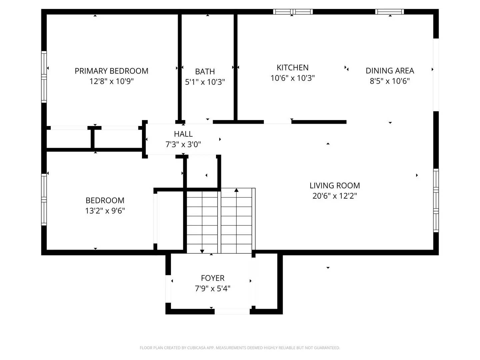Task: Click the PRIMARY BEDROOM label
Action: coord(111,71)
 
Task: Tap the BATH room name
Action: coord(205,72)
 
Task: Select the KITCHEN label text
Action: coord(292,68)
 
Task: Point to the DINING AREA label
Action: coord(390,71)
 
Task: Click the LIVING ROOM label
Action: coord(334,186)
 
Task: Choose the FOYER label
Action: coord(212,278)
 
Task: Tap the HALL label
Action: coord(183,134)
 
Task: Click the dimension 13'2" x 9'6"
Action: coord(105,211)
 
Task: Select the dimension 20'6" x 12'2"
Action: coord(334,196)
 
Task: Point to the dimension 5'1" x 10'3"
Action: coord(205,82)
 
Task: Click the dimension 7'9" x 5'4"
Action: coord(212,288)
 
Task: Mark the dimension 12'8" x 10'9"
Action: coord(111,81)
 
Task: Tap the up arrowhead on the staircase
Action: coord(236,190)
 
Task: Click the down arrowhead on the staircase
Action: coord(202,251)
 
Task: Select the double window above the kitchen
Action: coord(293,12)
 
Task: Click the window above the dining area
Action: coord(389,12)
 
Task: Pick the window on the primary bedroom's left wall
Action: coord(44,76)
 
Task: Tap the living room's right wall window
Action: coord(436,200)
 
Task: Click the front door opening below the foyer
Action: coord(232,312)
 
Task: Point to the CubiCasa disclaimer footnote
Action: coord(240,348)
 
